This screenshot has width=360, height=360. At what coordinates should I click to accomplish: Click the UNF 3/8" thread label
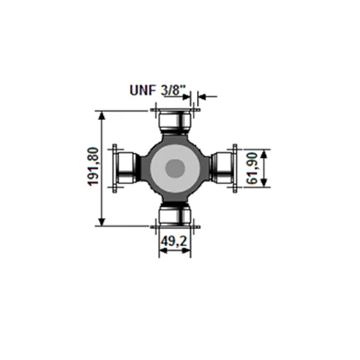[158, 90]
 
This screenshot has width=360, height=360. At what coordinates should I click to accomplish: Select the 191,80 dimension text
[94, 166]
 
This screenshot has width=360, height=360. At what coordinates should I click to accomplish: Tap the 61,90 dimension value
[252, 168]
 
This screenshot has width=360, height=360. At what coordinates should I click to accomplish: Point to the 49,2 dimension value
[174, 241]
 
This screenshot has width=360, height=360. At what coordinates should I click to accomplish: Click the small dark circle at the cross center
[175, 169]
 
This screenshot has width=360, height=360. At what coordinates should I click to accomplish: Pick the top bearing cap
[176, 120]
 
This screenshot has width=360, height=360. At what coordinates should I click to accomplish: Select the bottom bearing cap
[176, 216]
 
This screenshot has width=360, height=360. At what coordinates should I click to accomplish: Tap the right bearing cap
[222, 168]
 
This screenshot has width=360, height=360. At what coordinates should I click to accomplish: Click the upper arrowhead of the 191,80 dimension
[102, 116]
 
